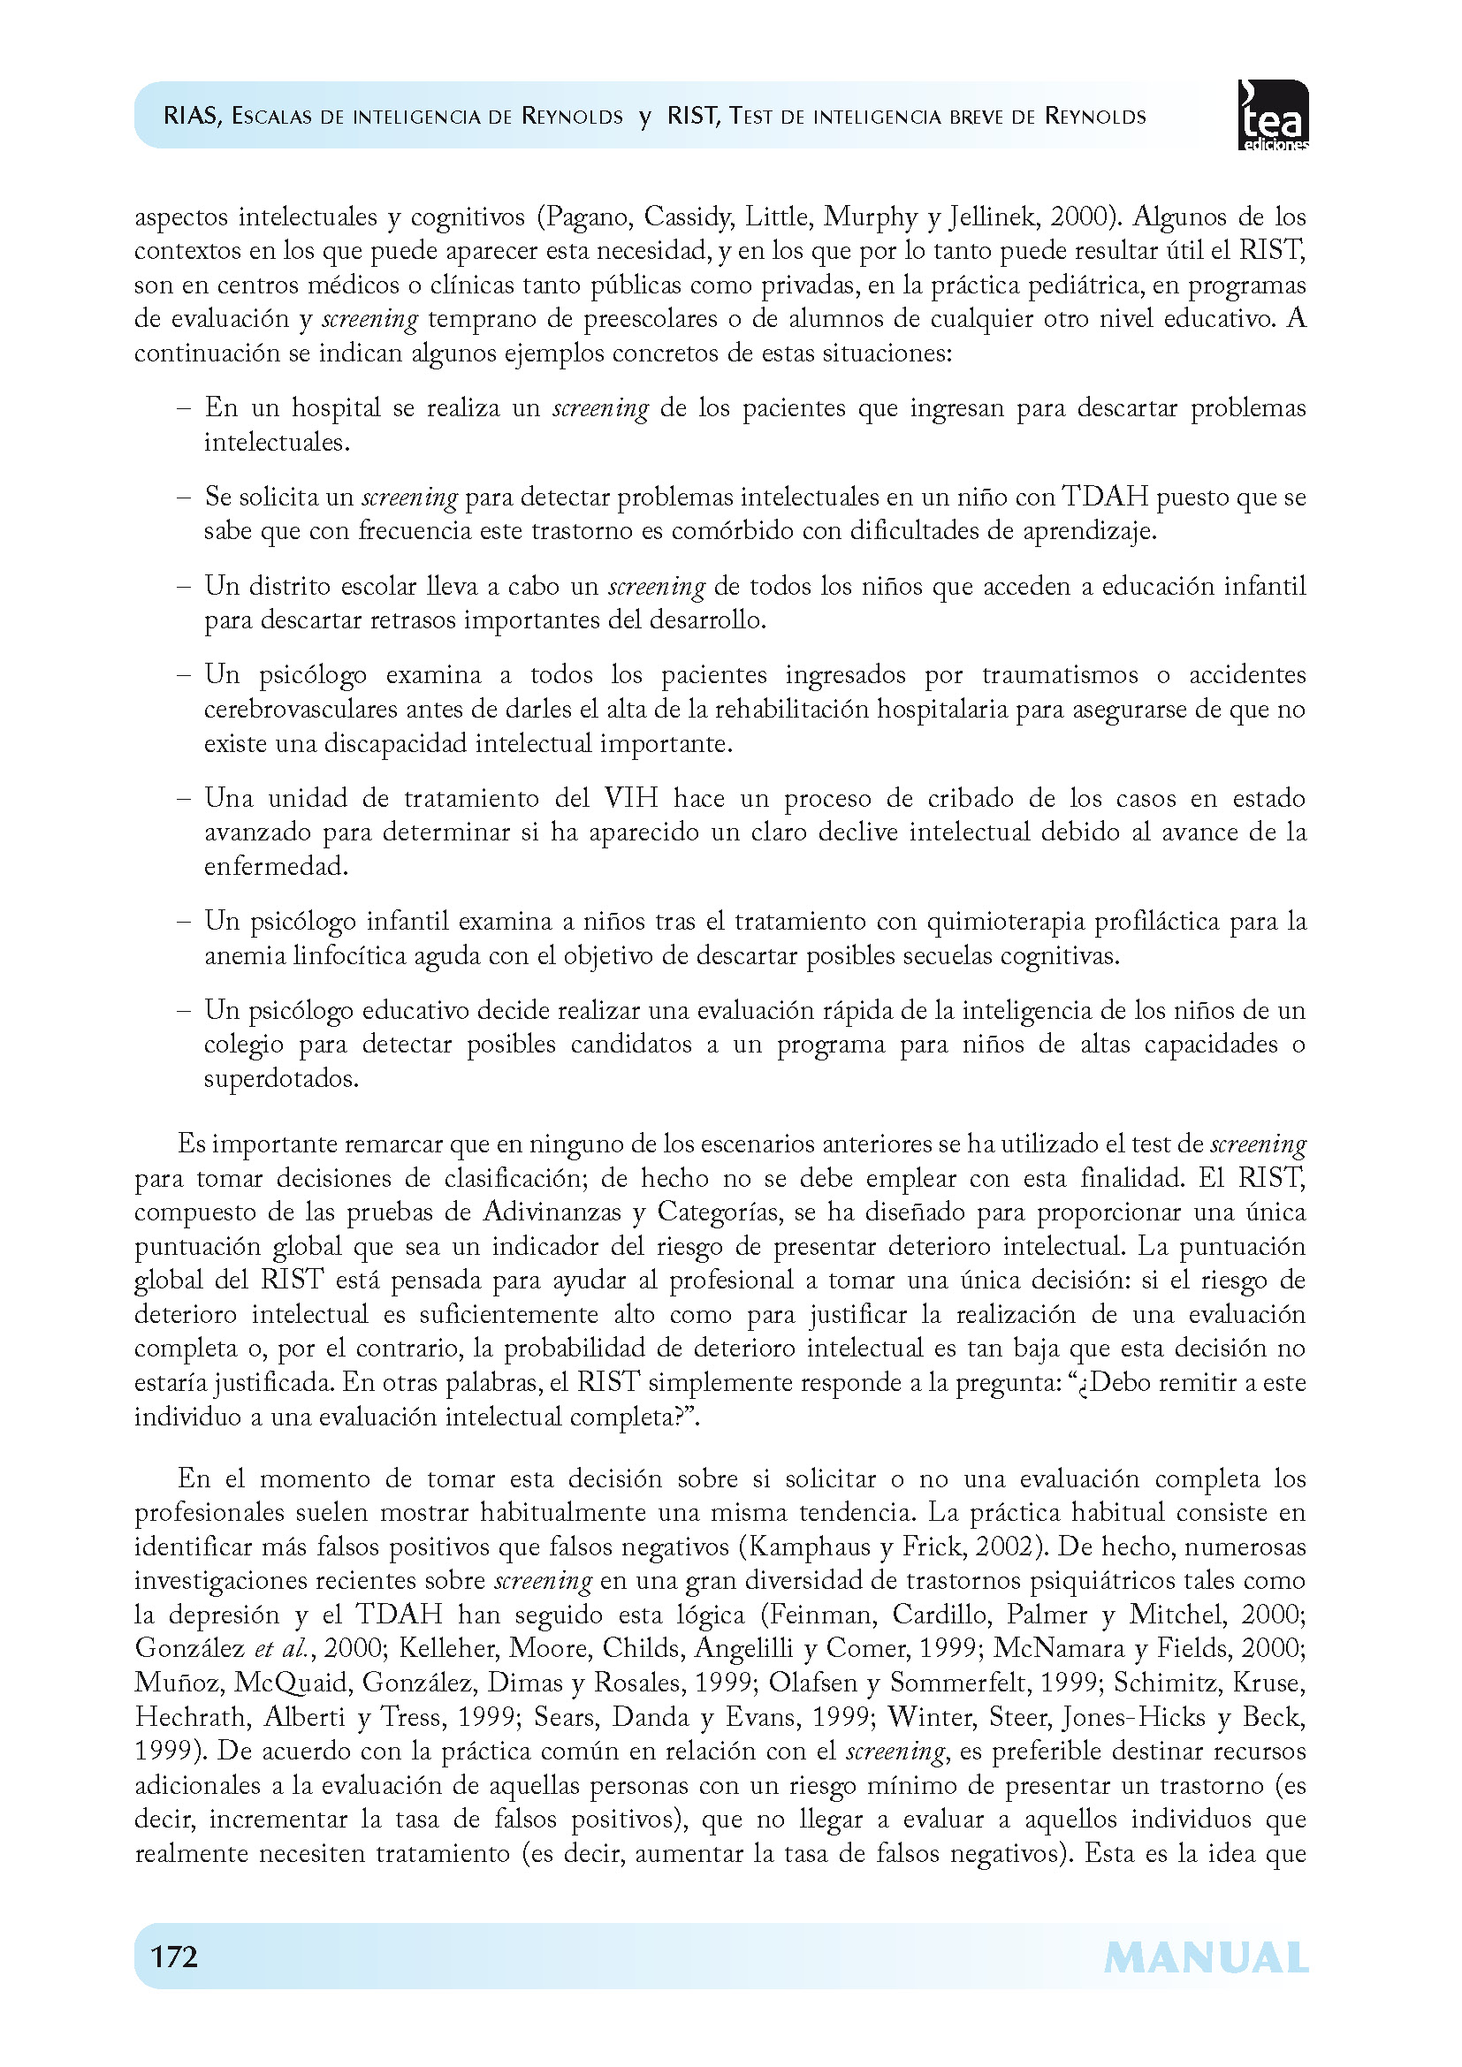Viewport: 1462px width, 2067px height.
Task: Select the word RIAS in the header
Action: [x=190, y=116]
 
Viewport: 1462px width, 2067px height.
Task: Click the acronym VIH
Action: [x=631, y=798]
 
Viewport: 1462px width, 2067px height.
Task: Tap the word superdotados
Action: [x=281, y=1077]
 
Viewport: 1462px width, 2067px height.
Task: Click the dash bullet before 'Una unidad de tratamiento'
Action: [x=184, y=799]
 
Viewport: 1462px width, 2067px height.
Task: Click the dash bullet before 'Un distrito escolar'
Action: [x=184, y=587]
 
